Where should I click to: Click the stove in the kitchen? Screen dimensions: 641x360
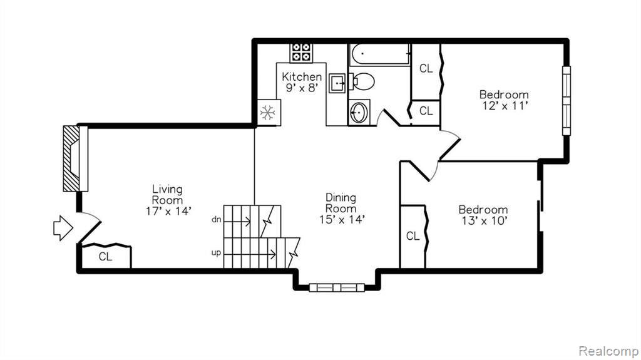301,53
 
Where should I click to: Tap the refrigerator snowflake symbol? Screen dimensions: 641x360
268,113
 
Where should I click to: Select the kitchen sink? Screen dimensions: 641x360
338,84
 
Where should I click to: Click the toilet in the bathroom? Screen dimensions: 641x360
362,81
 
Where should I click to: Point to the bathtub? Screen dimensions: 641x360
380,54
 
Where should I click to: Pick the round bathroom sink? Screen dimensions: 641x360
359,112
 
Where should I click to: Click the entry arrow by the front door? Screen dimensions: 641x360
63,228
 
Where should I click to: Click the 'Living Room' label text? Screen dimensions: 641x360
168,195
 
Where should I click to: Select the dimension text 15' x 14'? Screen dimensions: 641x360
342,220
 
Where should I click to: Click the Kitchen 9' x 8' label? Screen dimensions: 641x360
302,82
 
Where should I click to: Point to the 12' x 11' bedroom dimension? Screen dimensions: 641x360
505,106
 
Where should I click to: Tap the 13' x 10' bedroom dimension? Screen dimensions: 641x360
484,221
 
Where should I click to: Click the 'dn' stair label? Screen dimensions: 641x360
216,220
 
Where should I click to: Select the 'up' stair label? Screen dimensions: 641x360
216,253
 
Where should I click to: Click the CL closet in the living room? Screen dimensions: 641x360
106,257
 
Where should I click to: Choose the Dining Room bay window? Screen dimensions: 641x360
337,287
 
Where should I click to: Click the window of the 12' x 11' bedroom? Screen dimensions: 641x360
566,101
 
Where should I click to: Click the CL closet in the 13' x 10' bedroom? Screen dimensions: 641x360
413,237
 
